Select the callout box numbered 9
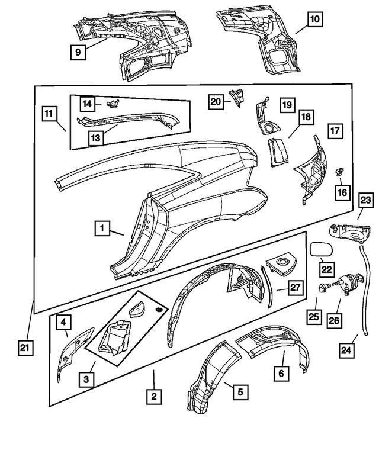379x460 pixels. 78,52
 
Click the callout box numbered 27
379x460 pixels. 296,288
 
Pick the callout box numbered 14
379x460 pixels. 88,104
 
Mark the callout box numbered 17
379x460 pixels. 335,131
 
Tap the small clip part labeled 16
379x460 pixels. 340,171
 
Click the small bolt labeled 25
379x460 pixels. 323,288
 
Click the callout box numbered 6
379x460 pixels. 282,374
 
